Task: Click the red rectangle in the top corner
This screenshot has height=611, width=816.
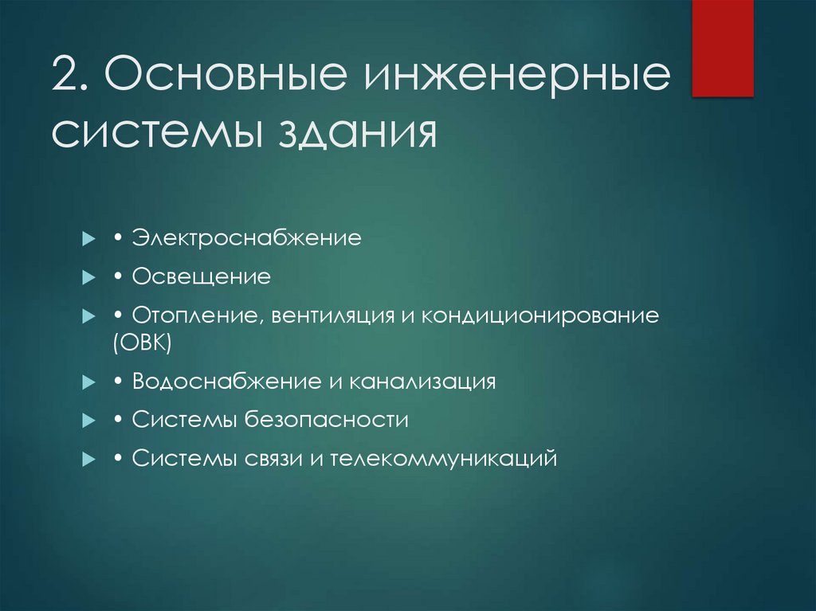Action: click(722, 48)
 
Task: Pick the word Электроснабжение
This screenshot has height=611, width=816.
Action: click(246, 238)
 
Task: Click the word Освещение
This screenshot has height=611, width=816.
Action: click(202, 277)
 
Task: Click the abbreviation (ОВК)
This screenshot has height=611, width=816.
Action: click(143, 343)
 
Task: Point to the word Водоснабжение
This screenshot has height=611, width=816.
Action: click(226, 382)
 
